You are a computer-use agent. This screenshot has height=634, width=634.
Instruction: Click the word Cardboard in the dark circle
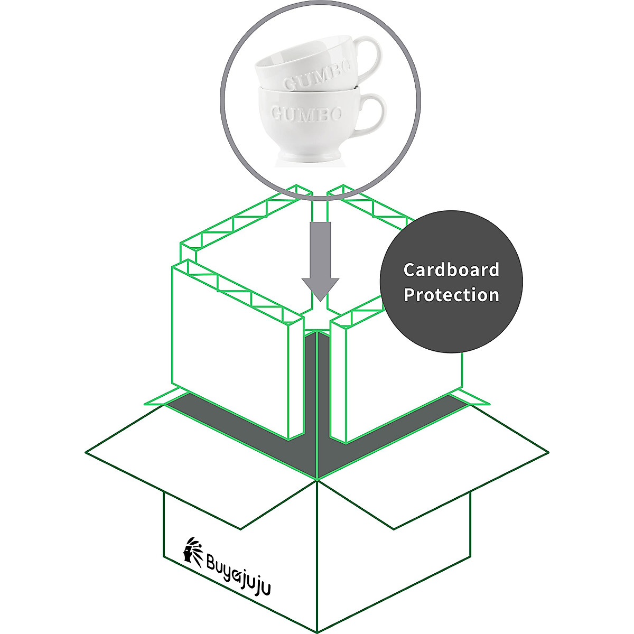451,270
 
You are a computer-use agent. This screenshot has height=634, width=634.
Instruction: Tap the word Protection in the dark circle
451,295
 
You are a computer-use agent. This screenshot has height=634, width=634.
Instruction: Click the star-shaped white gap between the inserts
318,317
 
